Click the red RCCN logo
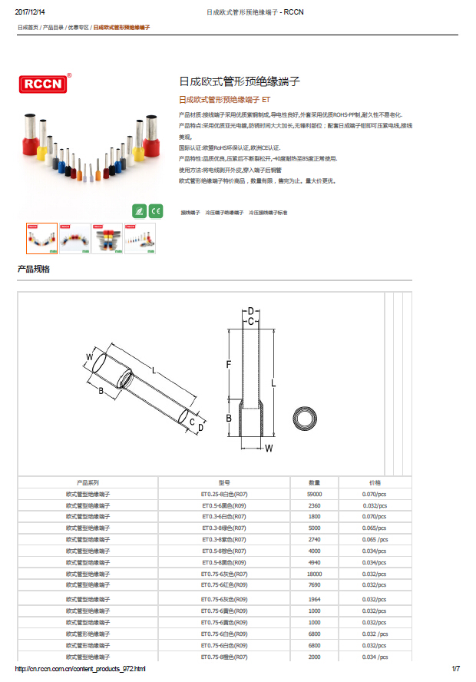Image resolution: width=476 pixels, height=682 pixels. [43, 83]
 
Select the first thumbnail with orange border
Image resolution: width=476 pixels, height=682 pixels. [41, 238]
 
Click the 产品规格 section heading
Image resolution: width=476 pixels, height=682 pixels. [34, 269]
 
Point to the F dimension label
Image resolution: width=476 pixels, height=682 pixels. [228, 363]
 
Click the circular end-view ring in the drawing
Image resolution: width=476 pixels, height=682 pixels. [309, 419]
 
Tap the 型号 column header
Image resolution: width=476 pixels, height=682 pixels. [223, 482]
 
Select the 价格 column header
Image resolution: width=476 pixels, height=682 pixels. [375, 482]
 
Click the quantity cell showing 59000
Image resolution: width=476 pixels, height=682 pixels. [315, 495]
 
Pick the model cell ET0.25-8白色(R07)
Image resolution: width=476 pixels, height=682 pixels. [223, 495]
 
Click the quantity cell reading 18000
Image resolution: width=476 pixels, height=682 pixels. [315, 574]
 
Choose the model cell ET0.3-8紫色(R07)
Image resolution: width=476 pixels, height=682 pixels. [223, 540]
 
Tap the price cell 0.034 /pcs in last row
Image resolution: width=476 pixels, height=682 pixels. [375, 657]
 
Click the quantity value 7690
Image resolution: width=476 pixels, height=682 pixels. [315, 584]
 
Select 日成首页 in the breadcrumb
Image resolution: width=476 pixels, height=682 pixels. [28, 28]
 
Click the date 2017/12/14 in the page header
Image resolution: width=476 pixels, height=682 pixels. [30, 12]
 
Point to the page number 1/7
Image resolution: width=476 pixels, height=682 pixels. [455, 670]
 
